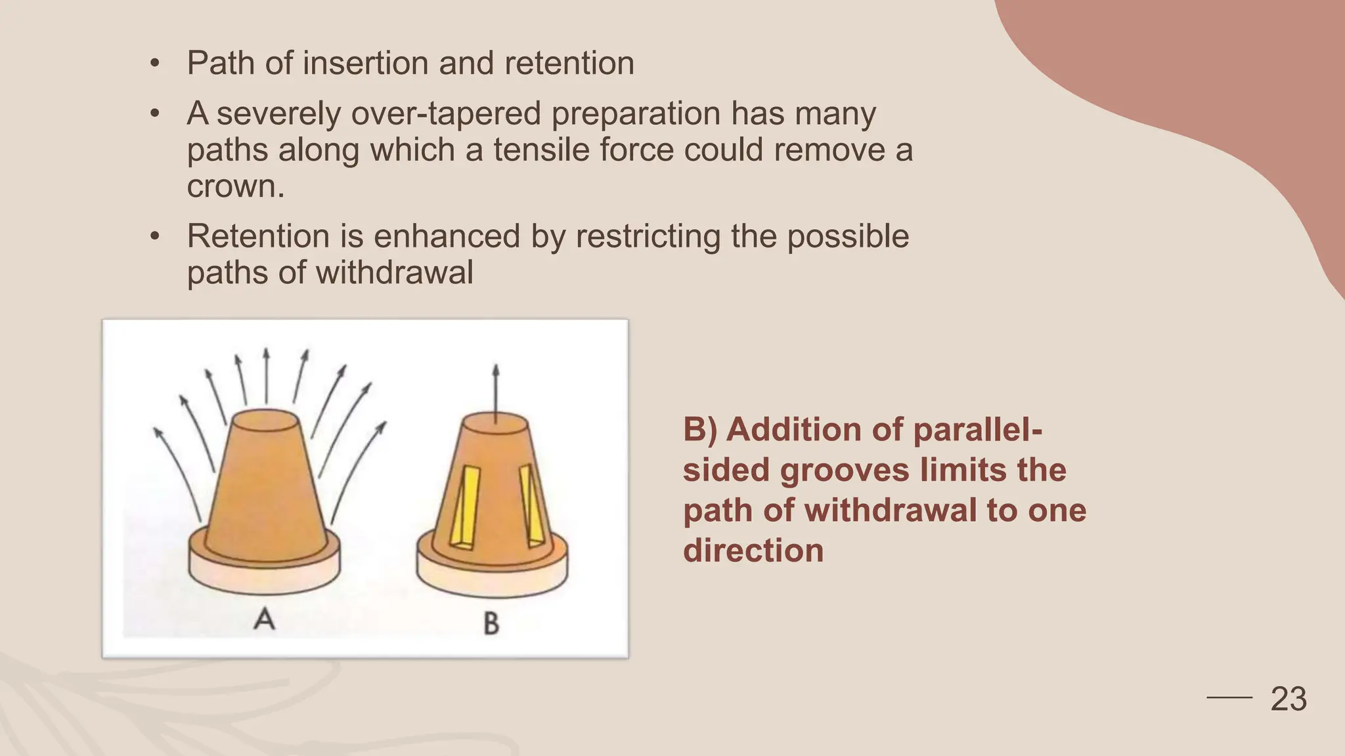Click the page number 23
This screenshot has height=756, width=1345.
tap(1289, 699)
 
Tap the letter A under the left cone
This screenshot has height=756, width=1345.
tap(264, 618)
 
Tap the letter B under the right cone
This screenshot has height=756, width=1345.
tap(491, 623)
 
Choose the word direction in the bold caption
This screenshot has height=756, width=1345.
tap(753, 550)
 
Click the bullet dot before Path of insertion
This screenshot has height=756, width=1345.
tap(154, 64)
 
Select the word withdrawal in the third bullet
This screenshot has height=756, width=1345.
tap(394, 272)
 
